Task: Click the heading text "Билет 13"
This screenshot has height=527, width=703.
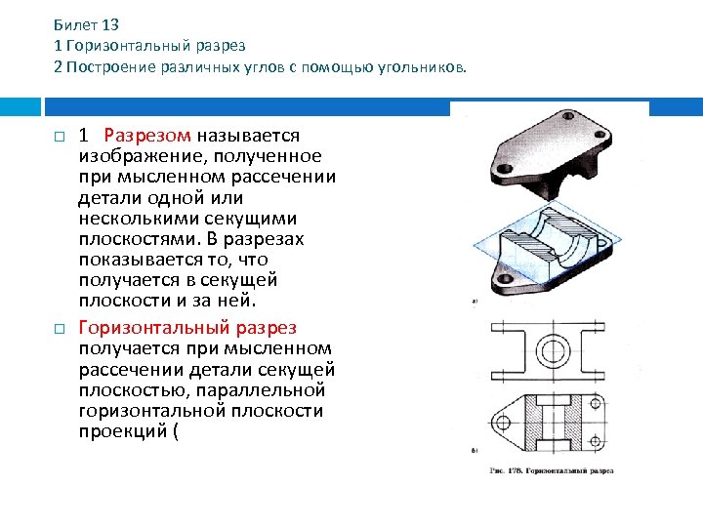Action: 86,25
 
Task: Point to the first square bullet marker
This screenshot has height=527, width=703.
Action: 59,136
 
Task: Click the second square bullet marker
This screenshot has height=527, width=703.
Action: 59,328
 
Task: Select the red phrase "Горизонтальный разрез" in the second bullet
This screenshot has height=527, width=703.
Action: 187,328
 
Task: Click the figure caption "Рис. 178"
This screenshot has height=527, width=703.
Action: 553,469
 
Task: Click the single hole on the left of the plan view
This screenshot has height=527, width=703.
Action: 502,424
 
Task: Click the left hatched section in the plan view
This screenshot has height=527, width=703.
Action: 535,422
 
